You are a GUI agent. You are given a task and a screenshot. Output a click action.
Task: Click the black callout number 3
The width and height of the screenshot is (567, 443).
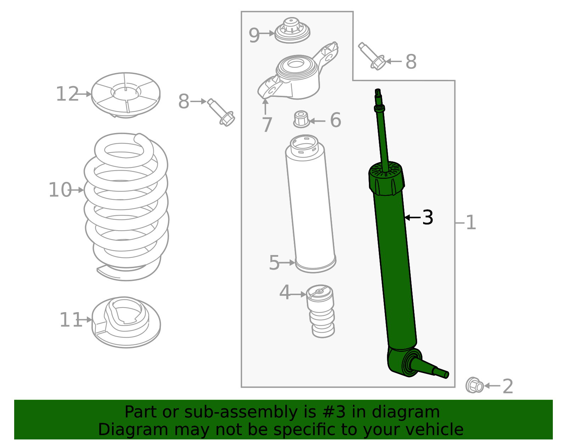tap(428, 217)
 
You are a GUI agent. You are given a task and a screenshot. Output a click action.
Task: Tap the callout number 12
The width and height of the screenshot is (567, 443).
tap(67, 94)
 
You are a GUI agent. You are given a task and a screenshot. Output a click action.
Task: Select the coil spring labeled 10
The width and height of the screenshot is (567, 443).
tap(126, 206)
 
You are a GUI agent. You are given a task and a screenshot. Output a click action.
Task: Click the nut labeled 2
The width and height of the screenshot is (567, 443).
tap(474, 386)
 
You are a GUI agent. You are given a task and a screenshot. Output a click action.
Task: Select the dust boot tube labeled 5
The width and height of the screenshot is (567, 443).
tap(310, 206)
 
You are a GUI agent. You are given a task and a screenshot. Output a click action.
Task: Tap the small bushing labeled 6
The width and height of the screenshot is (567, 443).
tap(301, 120)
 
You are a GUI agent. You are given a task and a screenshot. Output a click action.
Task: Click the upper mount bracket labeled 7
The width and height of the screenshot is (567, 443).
tap(298, 76)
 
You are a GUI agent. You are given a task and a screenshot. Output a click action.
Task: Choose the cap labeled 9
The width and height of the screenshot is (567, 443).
tap(292, 31)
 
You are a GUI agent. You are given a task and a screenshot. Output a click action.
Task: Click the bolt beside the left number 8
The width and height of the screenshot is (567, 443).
tap(221, 112)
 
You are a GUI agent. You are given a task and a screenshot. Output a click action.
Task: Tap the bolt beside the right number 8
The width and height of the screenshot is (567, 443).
tap(372, 56)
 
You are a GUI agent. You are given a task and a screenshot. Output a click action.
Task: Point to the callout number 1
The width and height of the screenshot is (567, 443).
tap(471, 223)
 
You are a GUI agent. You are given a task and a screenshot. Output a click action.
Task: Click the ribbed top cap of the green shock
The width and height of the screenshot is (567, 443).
tap(386, 178)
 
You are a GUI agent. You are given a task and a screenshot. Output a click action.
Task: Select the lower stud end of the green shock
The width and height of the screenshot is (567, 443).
tap(439, 372)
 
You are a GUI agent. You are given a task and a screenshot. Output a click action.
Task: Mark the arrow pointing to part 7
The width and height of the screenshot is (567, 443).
tap(265, 106)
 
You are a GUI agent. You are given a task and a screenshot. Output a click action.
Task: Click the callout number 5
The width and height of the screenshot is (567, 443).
tap(274, 263)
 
